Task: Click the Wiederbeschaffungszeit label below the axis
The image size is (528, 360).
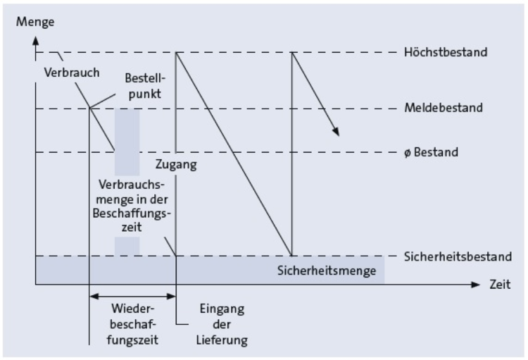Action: [x=133, y=323]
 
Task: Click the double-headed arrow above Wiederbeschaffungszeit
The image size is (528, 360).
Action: [x=132, y=297]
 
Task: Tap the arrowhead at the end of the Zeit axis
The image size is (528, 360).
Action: [x=477, y=285]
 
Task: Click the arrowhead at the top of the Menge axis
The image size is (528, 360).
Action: [x=35, y=36]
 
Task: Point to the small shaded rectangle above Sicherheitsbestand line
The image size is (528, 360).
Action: [x=127, y=246]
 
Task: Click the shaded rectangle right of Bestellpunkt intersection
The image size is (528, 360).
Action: [x=127, y=142]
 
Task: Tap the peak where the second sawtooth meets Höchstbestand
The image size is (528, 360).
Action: [x=291, y=53]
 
